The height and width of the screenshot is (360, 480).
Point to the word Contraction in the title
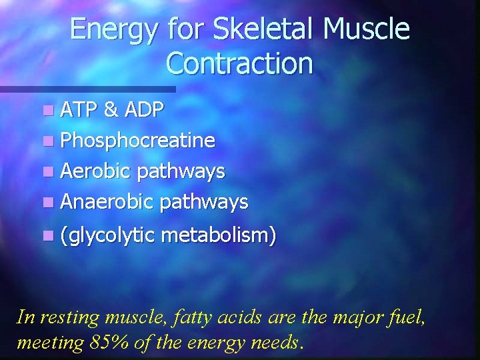click(239, 63)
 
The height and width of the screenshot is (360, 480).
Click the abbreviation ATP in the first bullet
click(79, 111)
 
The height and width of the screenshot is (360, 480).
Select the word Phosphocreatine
click(137, 141)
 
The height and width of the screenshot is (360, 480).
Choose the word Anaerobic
click(107, 201)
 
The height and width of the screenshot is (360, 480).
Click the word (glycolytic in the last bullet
click(107, 235)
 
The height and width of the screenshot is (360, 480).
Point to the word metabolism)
click(219, 235)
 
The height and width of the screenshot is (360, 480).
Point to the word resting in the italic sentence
click(70, 317)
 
